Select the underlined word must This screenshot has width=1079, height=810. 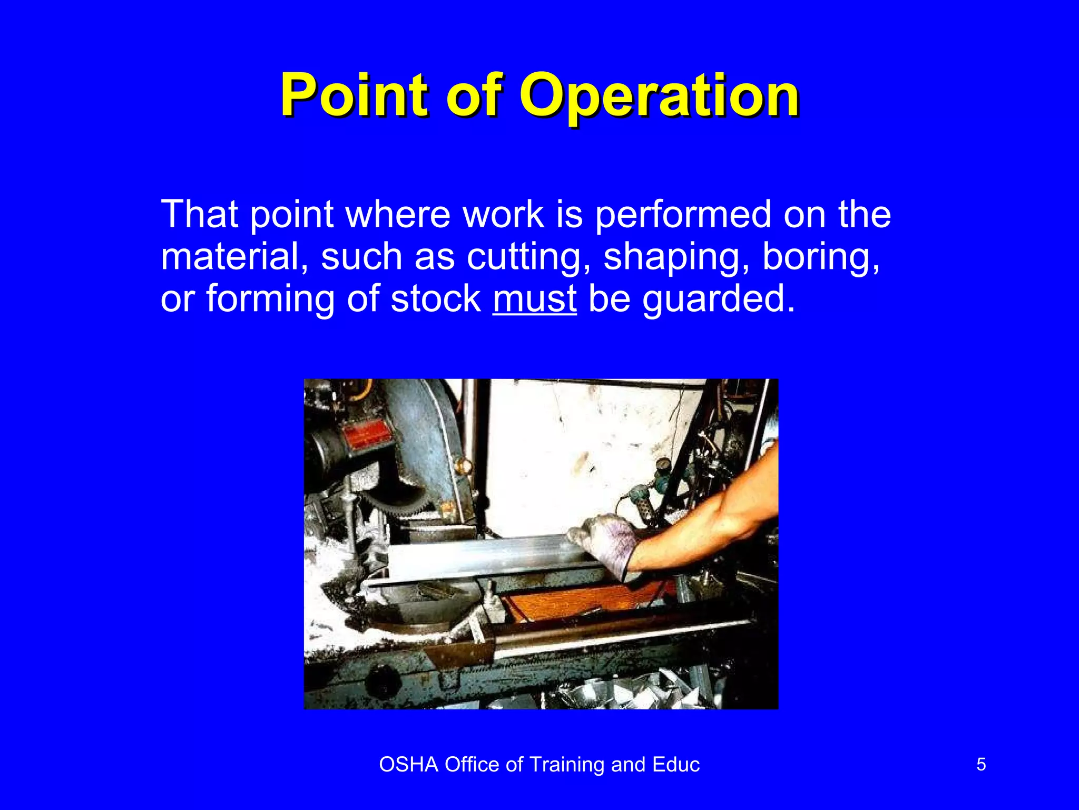click(534, 299)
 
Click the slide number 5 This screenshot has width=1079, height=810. click(981, 764)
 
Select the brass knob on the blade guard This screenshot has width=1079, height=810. click(464, 465)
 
